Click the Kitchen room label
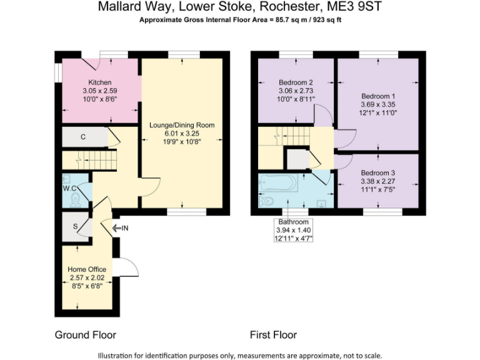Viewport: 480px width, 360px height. click(99, 82)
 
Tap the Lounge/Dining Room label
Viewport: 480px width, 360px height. click(181, 125)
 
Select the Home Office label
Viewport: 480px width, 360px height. click(86, 269)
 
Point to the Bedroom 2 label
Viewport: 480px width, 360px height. click(296, 82)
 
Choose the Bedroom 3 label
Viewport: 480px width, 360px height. click(378, 172)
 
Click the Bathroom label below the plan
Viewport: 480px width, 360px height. click(294, 222)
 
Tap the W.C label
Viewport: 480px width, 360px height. click(69, 187)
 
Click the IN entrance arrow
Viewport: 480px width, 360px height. click(120, 228)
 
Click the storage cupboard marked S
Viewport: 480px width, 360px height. click(75, 226)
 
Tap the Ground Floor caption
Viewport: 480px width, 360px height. click(86, 334)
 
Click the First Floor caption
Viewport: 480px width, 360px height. click(273, 334)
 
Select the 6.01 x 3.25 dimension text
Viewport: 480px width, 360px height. click(181, 133)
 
